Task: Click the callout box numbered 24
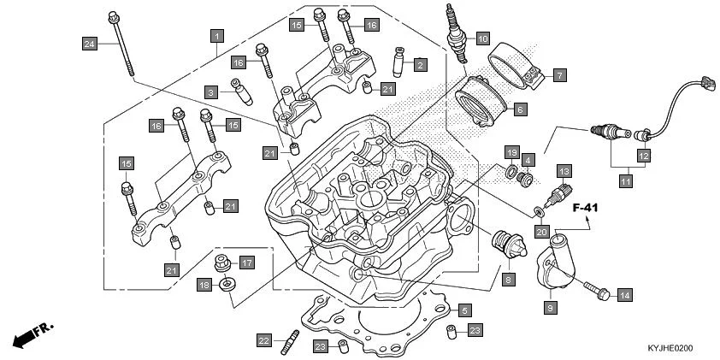pos(89,43)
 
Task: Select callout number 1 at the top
pos(217,36)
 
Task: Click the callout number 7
pos(558,75)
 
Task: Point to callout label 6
pos(520,109)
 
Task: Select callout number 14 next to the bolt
pos(624,295)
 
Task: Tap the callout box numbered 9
pos(550,305)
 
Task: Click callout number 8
pos(508,279)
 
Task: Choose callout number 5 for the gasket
pos(464,310)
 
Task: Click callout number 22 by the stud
pos(263,340)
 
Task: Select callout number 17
pos(246,263)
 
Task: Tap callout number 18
pos(204,285)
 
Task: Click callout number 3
pos(210,91)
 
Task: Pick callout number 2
pos(419,64)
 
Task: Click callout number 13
pos(564,171)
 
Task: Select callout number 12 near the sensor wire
pos(641,156)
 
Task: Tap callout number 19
pos(511,152)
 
